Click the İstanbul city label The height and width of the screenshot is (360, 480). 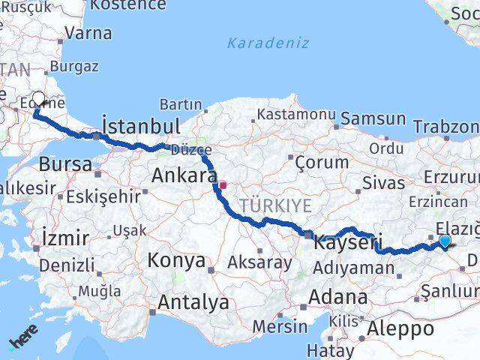(x=140, y=124)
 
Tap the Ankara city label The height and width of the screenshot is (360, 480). (x=184, y=175)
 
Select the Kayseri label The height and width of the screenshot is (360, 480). (x=347, y=242)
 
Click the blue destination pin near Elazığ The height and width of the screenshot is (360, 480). (x=445, y=241)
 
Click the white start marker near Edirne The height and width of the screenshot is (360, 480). (x=39, y=97)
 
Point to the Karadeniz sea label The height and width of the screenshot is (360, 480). (x=268, y=43)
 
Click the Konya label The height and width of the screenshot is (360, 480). (x=176, y=260)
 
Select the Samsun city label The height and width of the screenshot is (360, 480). (x=373, y=118)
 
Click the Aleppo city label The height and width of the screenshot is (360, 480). (x=400, y=328)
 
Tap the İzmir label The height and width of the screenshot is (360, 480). (x=66, y=238)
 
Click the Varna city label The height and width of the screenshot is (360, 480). (x=88, y=33)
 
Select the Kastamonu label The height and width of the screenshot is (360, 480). (x=296, y=114)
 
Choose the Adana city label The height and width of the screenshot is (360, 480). (x=341, y=296)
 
